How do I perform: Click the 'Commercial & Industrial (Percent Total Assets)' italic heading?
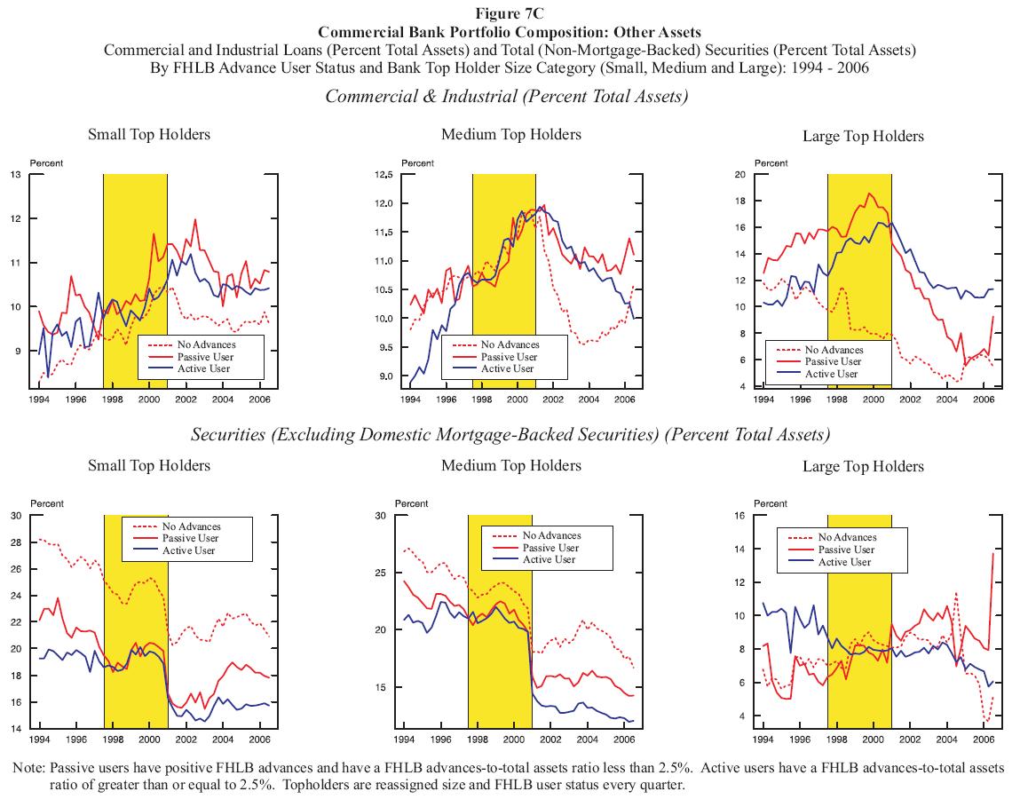[x=507, y=96]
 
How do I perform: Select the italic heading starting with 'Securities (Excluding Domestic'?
[x=510, y=435]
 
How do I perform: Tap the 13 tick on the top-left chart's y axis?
[x=16, y=174]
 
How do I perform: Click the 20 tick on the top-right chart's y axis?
[x=739, y=174]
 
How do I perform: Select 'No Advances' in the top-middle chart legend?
[x=510, y=344]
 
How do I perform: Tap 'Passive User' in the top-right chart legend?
[x=833, y=361]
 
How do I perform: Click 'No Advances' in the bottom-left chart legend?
[x=189, y=526]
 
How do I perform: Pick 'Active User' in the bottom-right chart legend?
[x=845, y=562]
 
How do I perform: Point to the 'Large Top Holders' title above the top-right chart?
[x=862, y=136]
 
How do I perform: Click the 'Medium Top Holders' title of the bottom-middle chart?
[x=510, y=465]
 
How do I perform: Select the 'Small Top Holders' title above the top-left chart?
[x=149, y=134]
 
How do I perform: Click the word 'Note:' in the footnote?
[x=29, y=767]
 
